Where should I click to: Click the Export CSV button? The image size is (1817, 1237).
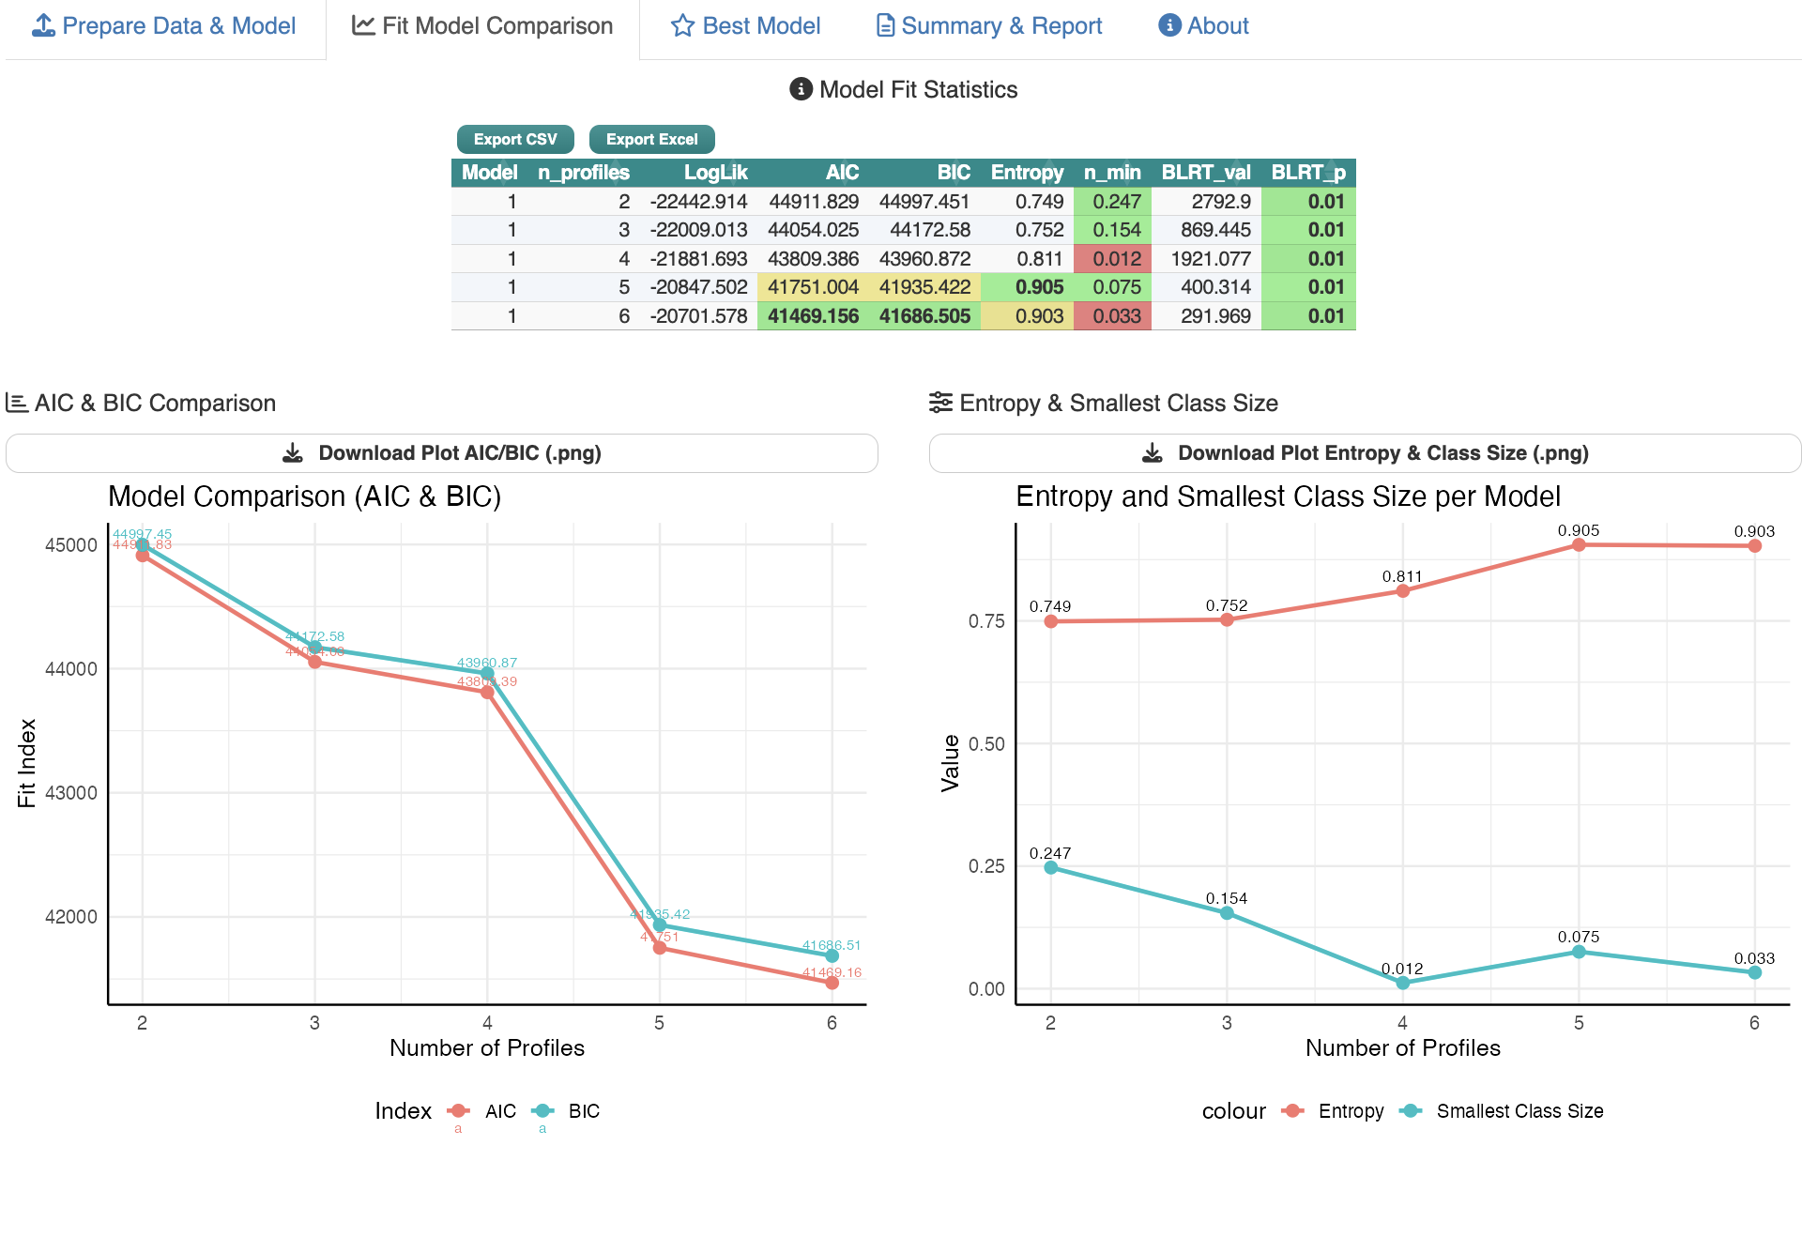click(x=515, y=139)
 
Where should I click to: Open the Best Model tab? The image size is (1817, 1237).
click(x=746, y=26)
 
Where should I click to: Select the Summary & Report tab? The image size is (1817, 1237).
click(x=989, y=26)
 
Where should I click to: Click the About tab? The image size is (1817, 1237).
click(x=1204, y=26)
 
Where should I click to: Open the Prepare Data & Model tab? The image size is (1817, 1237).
click(x=165, y=26)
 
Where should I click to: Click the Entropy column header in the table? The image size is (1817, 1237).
click(x=1027, y=173)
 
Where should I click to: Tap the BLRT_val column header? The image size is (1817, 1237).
click(x=1205, y=173)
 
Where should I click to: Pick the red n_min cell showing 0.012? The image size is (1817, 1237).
click(x=1116, y=259)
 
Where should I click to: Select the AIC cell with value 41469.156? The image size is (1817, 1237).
click(x=813, y=316)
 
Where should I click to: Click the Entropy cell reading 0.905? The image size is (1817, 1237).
click(x=1039, y=287)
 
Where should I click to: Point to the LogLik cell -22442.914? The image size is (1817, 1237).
click(x=698, y=202)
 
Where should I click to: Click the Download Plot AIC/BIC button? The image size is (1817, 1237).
click(x=442, y=453)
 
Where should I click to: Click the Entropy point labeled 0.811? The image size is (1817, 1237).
click(x=1402, y=591)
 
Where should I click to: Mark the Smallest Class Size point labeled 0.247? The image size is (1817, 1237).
click(x=1050, y=868)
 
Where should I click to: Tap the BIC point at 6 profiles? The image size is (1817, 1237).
click(x=832, y=955)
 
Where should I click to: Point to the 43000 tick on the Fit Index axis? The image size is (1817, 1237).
click(x=71, y=793)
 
